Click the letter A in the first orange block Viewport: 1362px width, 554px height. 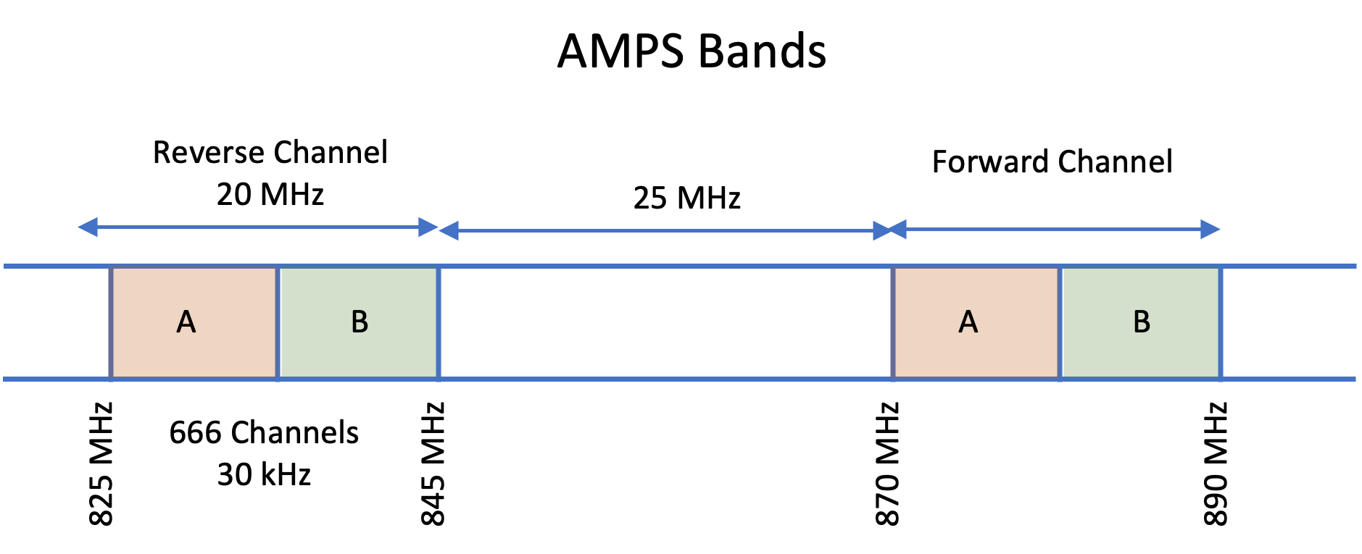click(186, 322)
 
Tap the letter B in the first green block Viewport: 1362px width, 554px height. click(360, 322)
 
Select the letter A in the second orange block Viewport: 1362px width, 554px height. click(968, 322)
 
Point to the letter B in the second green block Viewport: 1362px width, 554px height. click(1142, 322)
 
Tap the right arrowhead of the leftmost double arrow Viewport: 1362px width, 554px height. click(428, 227)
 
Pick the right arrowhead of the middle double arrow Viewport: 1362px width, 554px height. click(882, 231)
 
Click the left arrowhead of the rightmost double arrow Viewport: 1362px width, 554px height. click(897, 230)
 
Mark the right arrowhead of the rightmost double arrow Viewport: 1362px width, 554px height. click(1210, 230)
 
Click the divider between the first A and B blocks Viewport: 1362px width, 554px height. click(278, 322)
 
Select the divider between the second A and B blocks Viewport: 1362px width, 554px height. click(1060, 322)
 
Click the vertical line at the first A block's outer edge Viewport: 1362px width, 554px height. click(111, 322)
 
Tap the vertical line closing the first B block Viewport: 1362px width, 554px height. click(439, 322)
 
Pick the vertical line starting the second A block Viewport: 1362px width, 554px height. click(893, 322)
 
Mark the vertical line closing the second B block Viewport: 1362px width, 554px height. click(1221, 322)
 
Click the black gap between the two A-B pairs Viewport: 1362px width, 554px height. click(665, 322)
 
